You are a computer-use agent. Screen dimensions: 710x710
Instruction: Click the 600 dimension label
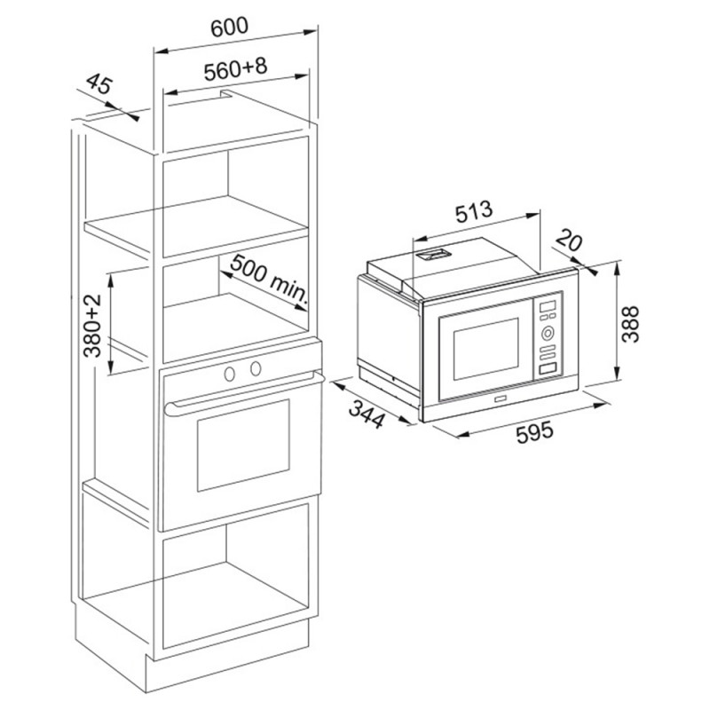(230, 28)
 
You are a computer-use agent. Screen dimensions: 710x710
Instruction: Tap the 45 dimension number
(99, 84)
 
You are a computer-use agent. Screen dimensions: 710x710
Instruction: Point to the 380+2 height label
(92, 325)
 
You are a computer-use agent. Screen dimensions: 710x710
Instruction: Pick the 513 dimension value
(473, 213)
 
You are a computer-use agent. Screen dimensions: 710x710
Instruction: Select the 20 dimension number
(569, 240)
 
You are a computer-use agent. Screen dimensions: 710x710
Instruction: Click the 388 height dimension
(630, 324)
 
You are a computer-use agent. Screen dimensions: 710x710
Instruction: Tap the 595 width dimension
(535, 432)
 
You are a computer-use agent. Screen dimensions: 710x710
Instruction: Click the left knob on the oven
(230, 374)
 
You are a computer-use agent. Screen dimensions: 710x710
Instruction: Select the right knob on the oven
(256, 368)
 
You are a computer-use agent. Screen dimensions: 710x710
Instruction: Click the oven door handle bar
(245, 390)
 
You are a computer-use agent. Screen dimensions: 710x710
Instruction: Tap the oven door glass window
(243, 445)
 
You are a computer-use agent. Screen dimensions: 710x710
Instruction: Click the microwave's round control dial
(548, 334)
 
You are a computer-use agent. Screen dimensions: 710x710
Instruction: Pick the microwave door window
(485, 349)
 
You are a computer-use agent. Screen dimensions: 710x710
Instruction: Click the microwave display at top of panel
(548, 306)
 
